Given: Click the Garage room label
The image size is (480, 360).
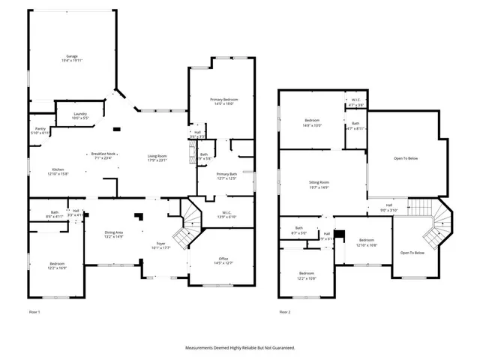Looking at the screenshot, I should (72, 56).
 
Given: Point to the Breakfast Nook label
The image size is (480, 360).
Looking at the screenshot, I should (103, 153).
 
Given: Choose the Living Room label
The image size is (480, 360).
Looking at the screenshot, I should (156, 156).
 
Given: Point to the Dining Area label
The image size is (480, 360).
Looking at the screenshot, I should (114, 232).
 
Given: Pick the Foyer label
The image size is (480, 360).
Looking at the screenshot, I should (160, 244).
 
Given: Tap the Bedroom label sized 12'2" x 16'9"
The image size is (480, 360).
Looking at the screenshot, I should (58, 264).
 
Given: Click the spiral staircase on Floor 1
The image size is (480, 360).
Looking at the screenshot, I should (192, 220).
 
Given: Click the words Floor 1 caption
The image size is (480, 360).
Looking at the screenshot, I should (34, 310).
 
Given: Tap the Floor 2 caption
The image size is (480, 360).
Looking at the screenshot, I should (284, 310).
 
